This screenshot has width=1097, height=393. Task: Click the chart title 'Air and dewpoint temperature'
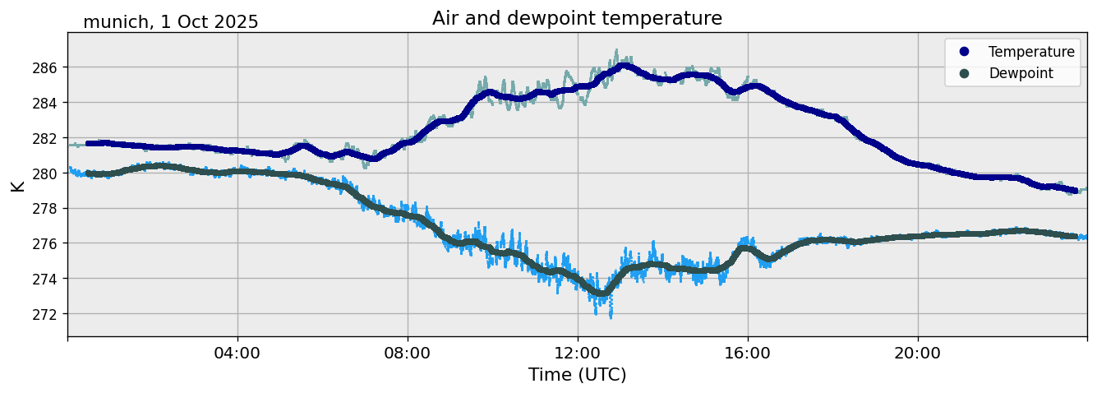click(577, 18)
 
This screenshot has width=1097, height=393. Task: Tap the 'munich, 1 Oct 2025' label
click(171, 22)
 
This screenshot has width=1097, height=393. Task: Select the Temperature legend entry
click(1030, 52)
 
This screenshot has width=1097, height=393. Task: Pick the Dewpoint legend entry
click(1021, 73)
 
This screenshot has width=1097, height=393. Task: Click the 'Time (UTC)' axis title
click(577, 375)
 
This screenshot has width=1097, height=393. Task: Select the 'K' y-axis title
click(17, 185)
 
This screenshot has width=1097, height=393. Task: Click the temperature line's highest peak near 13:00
click(625, 66)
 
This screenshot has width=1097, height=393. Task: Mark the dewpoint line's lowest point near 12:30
click(602, 293)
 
